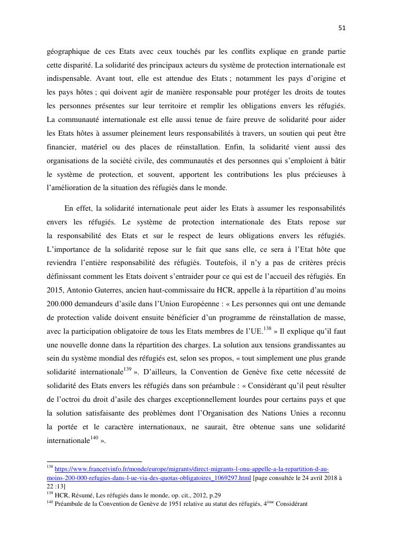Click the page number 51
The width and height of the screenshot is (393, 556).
(x=342, y=28)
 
